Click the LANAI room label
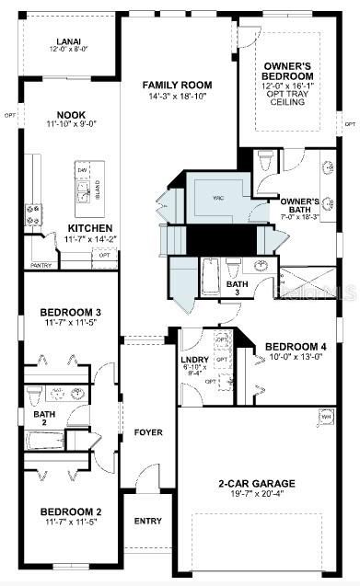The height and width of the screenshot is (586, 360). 67,40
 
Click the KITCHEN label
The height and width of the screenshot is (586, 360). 90,227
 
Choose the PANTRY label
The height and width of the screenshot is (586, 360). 41,265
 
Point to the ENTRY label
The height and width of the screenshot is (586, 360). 147,521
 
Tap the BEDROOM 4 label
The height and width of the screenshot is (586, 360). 296,347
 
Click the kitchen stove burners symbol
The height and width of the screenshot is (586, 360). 32,215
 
